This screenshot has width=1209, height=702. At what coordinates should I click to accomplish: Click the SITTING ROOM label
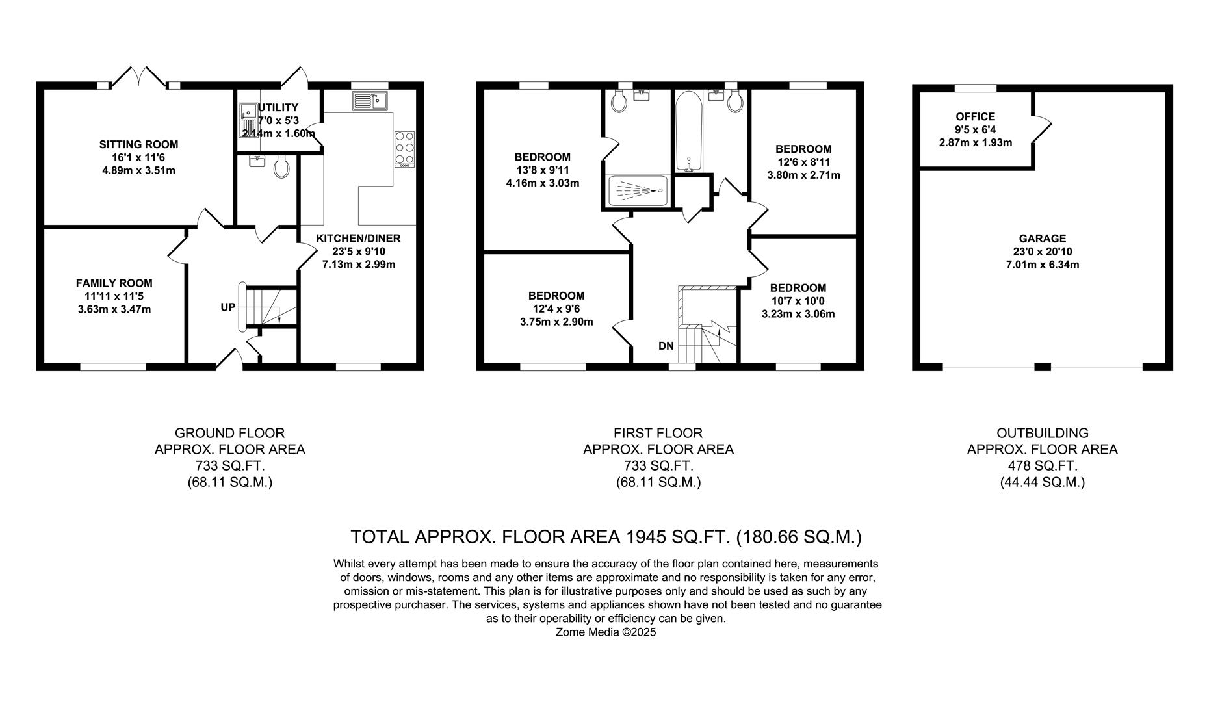pos(138,144)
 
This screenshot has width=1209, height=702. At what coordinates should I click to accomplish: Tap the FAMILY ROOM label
pos(114,283)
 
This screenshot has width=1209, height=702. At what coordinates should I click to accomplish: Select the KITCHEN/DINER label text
pos(358,239)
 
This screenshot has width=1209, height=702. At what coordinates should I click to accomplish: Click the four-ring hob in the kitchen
pos(404,148)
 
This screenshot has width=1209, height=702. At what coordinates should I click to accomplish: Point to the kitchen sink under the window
pos(370,101)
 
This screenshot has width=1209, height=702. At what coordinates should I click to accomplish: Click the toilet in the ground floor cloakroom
pos(282,167)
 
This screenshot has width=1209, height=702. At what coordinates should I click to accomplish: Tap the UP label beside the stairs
pos(227,307)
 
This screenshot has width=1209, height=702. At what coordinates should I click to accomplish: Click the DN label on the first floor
pos(666,346)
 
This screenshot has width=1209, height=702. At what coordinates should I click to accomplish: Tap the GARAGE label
pos(1042,239)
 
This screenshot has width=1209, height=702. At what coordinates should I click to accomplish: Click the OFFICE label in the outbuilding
pos(975,116)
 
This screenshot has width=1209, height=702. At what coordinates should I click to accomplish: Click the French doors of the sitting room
pos(140,76)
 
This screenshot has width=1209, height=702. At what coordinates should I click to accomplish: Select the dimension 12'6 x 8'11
pos(803,162)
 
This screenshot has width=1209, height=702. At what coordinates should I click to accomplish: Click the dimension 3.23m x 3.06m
pos(798,314)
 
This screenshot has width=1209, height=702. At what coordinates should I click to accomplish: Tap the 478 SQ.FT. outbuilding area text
pos(1042,465)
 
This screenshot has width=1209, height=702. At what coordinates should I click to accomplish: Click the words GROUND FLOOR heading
pos(229,433)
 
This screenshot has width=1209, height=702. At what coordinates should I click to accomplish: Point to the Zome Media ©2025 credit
pos(606,632)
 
